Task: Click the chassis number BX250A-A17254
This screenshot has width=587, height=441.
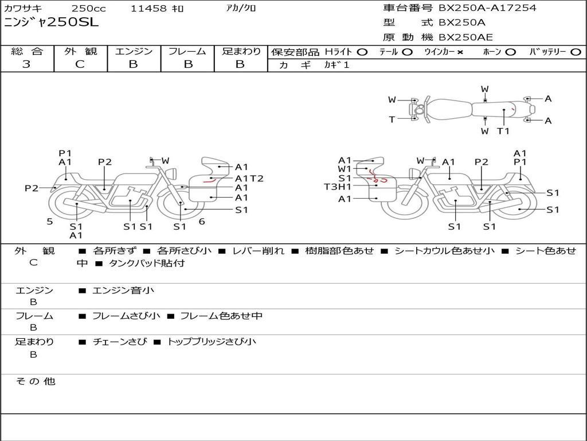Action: point(487,8)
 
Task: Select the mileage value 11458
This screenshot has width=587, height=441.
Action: point(148,9)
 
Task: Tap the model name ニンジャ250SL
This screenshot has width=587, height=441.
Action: point(51,22)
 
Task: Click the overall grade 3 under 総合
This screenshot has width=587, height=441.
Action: point(26,64)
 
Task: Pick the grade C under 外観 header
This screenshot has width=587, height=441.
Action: point(80,64)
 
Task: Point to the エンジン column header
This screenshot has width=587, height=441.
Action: point(134,51)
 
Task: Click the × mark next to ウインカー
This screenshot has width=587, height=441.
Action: point(460,52)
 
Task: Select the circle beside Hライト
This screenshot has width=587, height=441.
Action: point(362,52)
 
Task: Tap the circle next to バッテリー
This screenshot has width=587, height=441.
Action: point(576,52)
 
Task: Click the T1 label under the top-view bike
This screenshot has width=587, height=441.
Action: point(503,131)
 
